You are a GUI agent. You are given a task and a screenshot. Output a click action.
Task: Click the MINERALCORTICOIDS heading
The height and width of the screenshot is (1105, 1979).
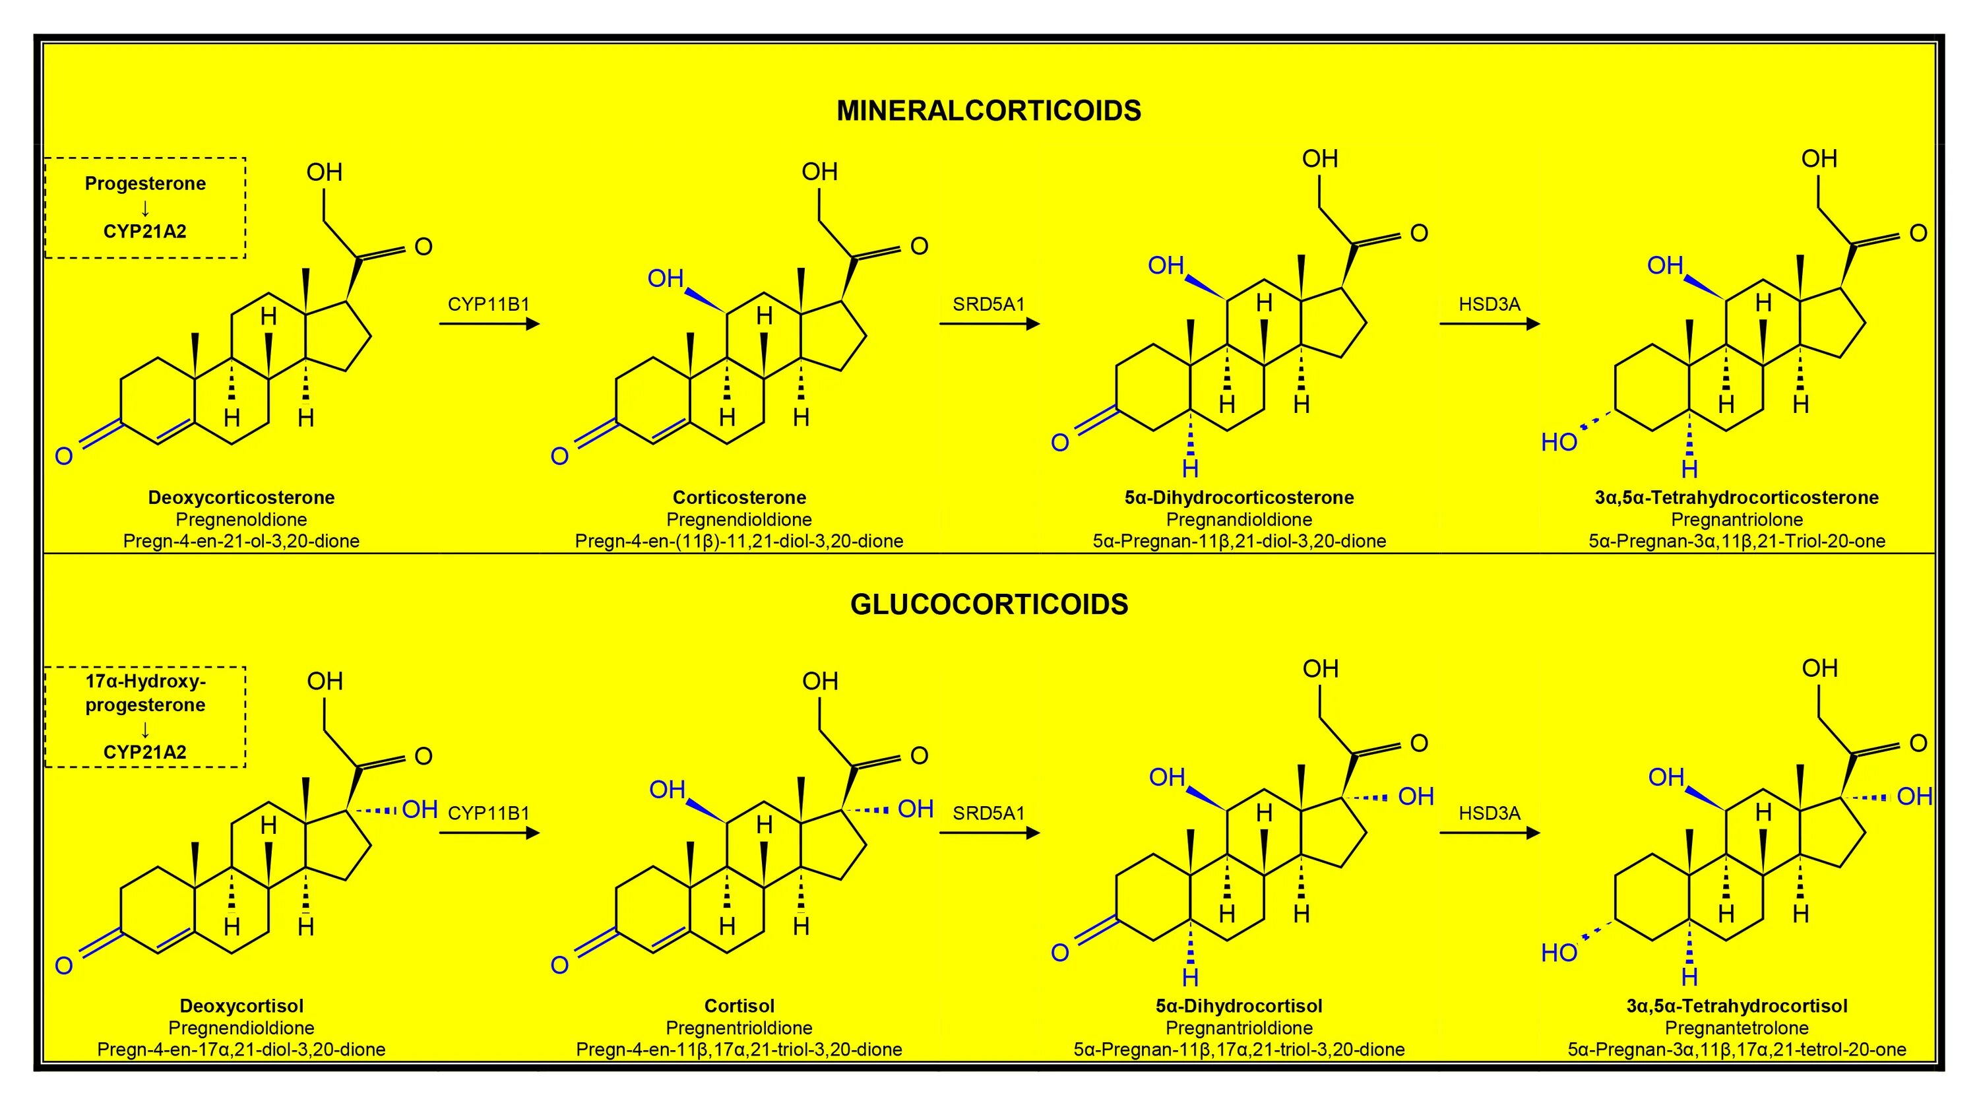click(988, 111)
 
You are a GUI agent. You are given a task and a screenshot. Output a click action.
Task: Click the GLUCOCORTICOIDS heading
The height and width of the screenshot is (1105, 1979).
click(989, 605)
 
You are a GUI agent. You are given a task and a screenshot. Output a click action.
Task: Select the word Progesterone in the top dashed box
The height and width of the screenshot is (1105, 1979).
click(145, 183)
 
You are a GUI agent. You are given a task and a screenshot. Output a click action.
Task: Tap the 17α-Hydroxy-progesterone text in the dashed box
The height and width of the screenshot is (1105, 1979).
click(145, 693)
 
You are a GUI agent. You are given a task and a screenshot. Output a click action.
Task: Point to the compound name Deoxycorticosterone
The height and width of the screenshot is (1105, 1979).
click(241, 497)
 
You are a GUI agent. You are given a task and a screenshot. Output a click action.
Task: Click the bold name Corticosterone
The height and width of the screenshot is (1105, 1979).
click(739, 497)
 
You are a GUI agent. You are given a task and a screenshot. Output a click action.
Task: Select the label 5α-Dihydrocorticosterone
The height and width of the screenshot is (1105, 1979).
click(1238, 497)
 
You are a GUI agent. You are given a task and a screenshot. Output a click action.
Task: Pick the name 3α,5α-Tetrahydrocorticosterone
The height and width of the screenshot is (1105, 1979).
click(1736, 497)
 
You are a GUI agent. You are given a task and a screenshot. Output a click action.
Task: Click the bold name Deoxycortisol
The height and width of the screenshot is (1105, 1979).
click(241, 1006)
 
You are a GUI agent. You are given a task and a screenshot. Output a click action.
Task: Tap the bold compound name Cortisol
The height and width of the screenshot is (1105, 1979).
click(739, 1006)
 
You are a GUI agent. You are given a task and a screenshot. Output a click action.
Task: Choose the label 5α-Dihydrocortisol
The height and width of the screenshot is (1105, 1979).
click(1238, 1006)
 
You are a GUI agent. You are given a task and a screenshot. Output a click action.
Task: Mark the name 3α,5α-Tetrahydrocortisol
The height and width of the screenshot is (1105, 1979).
click(1736, 1006)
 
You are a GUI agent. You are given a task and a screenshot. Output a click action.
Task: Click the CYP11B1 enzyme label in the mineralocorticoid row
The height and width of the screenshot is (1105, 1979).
click(489, 304)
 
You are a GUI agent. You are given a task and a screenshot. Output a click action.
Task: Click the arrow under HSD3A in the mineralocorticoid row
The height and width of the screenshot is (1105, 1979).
click(1489, 325)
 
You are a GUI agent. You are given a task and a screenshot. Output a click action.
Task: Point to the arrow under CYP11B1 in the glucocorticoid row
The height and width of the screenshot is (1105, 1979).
click(489, 833)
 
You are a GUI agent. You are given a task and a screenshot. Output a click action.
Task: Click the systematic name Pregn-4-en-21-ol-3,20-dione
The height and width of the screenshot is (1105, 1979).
click(241, 541)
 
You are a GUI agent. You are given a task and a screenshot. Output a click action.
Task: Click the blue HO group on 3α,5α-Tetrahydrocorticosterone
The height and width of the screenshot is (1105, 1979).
click(1559, 443)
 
